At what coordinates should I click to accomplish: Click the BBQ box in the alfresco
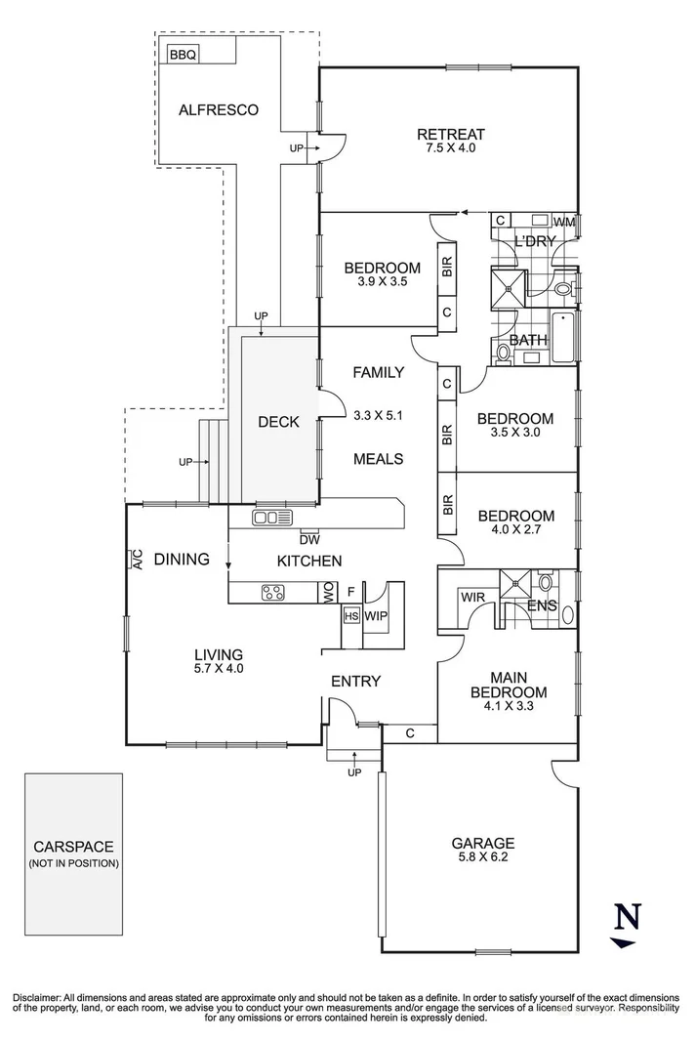[x=183, y=55]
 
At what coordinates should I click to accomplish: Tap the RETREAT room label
[x=450, y=135]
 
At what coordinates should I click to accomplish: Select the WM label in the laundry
[x=565, y=222]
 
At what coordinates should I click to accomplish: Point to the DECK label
[x=278, y=422]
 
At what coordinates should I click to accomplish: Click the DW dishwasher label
[x=309, y=538]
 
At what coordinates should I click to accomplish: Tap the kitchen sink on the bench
[x=272, y=518]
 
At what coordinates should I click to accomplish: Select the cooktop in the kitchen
[x=273, y=591]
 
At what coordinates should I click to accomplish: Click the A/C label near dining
[x=135, y=560]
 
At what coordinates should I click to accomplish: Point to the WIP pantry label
[x=376, y=616]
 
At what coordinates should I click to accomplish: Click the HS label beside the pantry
[x=350, y=616]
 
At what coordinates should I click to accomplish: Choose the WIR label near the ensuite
[x=472, y=596]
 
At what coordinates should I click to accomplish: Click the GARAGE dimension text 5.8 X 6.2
[x=482, y=859]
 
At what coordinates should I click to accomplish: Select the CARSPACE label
[x=74, y=847]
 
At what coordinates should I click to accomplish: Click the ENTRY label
[x=355, y=681]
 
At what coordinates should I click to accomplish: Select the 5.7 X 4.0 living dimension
[x=217, y=669]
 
